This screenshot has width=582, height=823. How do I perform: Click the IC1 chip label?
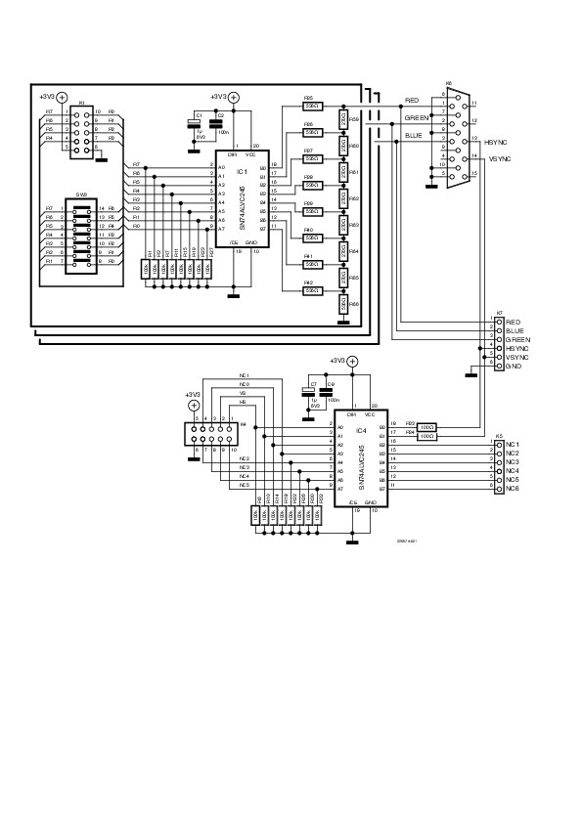coord(242,172)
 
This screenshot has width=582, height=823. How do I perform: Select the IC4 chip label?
coord(361,430)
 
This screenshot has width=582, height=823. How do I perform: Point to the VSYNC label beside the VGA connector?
coord(499,158)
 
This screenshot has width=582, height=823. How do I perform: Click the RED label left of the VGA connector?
coord(411,101)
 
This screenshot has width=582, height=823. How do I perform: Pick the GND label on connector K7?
coord(513,366)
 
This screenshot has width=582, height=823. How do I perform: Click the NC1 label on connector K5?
coord(512,445)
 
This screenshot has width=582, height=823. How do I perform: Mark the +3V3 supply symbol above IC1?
coord(234,98)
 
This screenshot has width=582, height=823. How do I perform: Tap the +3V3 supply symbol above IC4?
coord(353,361)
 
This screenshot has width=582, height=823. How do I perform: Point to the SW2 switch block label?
coord(81,195)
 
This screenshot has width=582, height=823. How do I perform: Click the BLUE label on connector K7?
coord(513,330)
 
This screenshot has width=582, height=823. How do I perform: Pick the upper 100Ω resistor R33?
coord(426,427)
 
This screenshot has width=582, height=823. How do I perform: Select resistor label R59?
coord(353,118)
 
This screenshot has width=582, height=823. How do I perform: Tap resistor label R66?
coord(353,304)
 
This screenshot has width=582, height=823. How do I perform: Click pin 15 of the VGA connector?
coord(473,173)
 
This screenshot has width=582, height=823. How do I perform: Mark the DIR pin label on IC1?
coord(232,154)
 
